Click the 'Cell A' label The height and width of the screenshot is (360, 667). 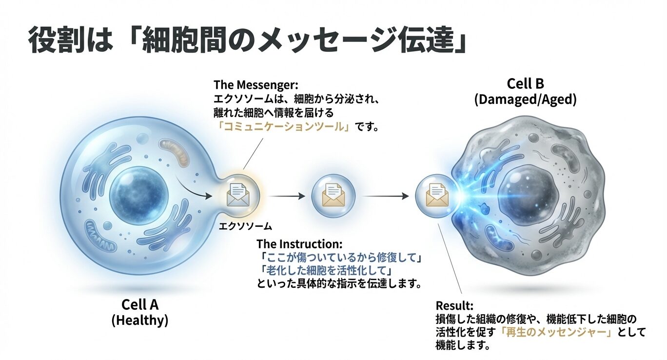140,305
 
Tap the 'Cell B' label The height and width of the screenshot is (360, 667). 525,84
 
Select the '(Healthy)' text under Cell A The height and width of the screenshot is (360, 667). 140,320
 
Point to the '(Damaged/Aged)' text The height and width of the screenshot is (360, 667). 525,100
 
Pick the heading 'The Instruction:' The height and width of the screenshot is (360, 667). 299,244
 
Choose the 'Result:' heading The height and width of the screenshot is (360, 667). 454,306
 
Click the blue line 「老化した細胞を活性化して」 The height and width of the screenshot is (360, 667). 327,270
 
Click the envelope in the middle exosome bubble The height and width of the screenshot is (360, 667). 333,196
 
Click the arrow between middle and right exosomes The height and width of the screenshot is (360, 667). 386,196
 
